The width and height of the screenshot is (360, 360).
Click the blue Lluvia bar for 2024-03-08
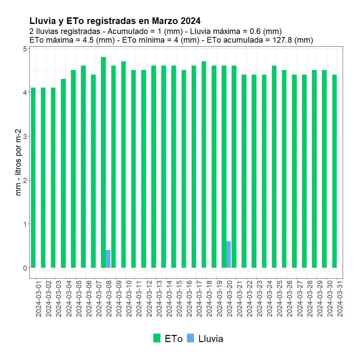coord(108,259)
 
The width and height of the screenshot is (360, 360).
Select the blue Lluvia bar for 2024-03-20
coord(228,254)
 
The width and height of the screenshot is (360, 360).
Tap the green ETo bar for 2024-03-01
coord(33,178)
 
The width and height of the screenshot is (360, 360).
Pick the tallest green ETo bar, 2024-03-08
coord(103,162)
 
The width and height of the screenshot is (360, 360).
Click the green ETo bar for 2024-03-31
coord(335,171)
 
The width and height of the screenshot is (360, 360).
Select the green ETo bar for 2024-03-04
coord(63,173)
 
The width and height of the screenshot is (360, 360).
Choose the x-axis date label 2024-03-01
coord(39,298)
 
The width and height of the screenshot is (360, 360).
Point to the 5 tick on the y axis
coord(25,49)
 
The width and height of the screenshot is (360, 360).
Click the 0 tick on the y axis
coord(25,268)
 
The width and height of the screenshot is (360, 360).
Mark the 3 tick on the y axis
coord(25,136)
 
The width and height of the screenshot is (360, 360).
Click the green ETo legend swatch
coord(157,338)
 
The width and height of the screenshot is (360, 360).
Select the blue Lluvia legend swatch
coord(191,338)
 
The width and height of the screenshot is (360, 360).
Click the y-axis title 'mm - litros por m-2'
coord(18,162)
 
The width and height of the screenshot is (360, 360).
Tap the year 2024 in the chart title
coord(191,21)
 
